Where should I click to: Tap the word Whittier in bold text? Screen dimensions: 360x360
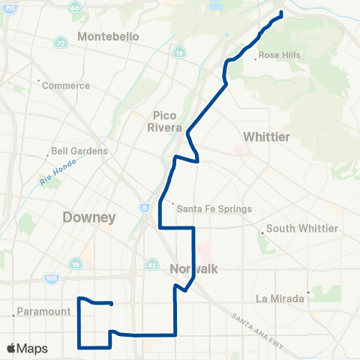(x=266, y=136)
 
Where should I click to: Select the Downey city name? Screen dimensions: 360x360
(x=89, y=218)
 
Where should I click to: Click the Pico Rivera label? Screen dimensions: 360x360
(x=166, y=121)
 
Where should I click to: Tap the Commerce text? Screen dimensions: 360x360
(x=65, y=85)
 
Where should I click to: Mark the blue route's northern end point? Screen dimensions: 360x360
(x=281, y=14)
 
